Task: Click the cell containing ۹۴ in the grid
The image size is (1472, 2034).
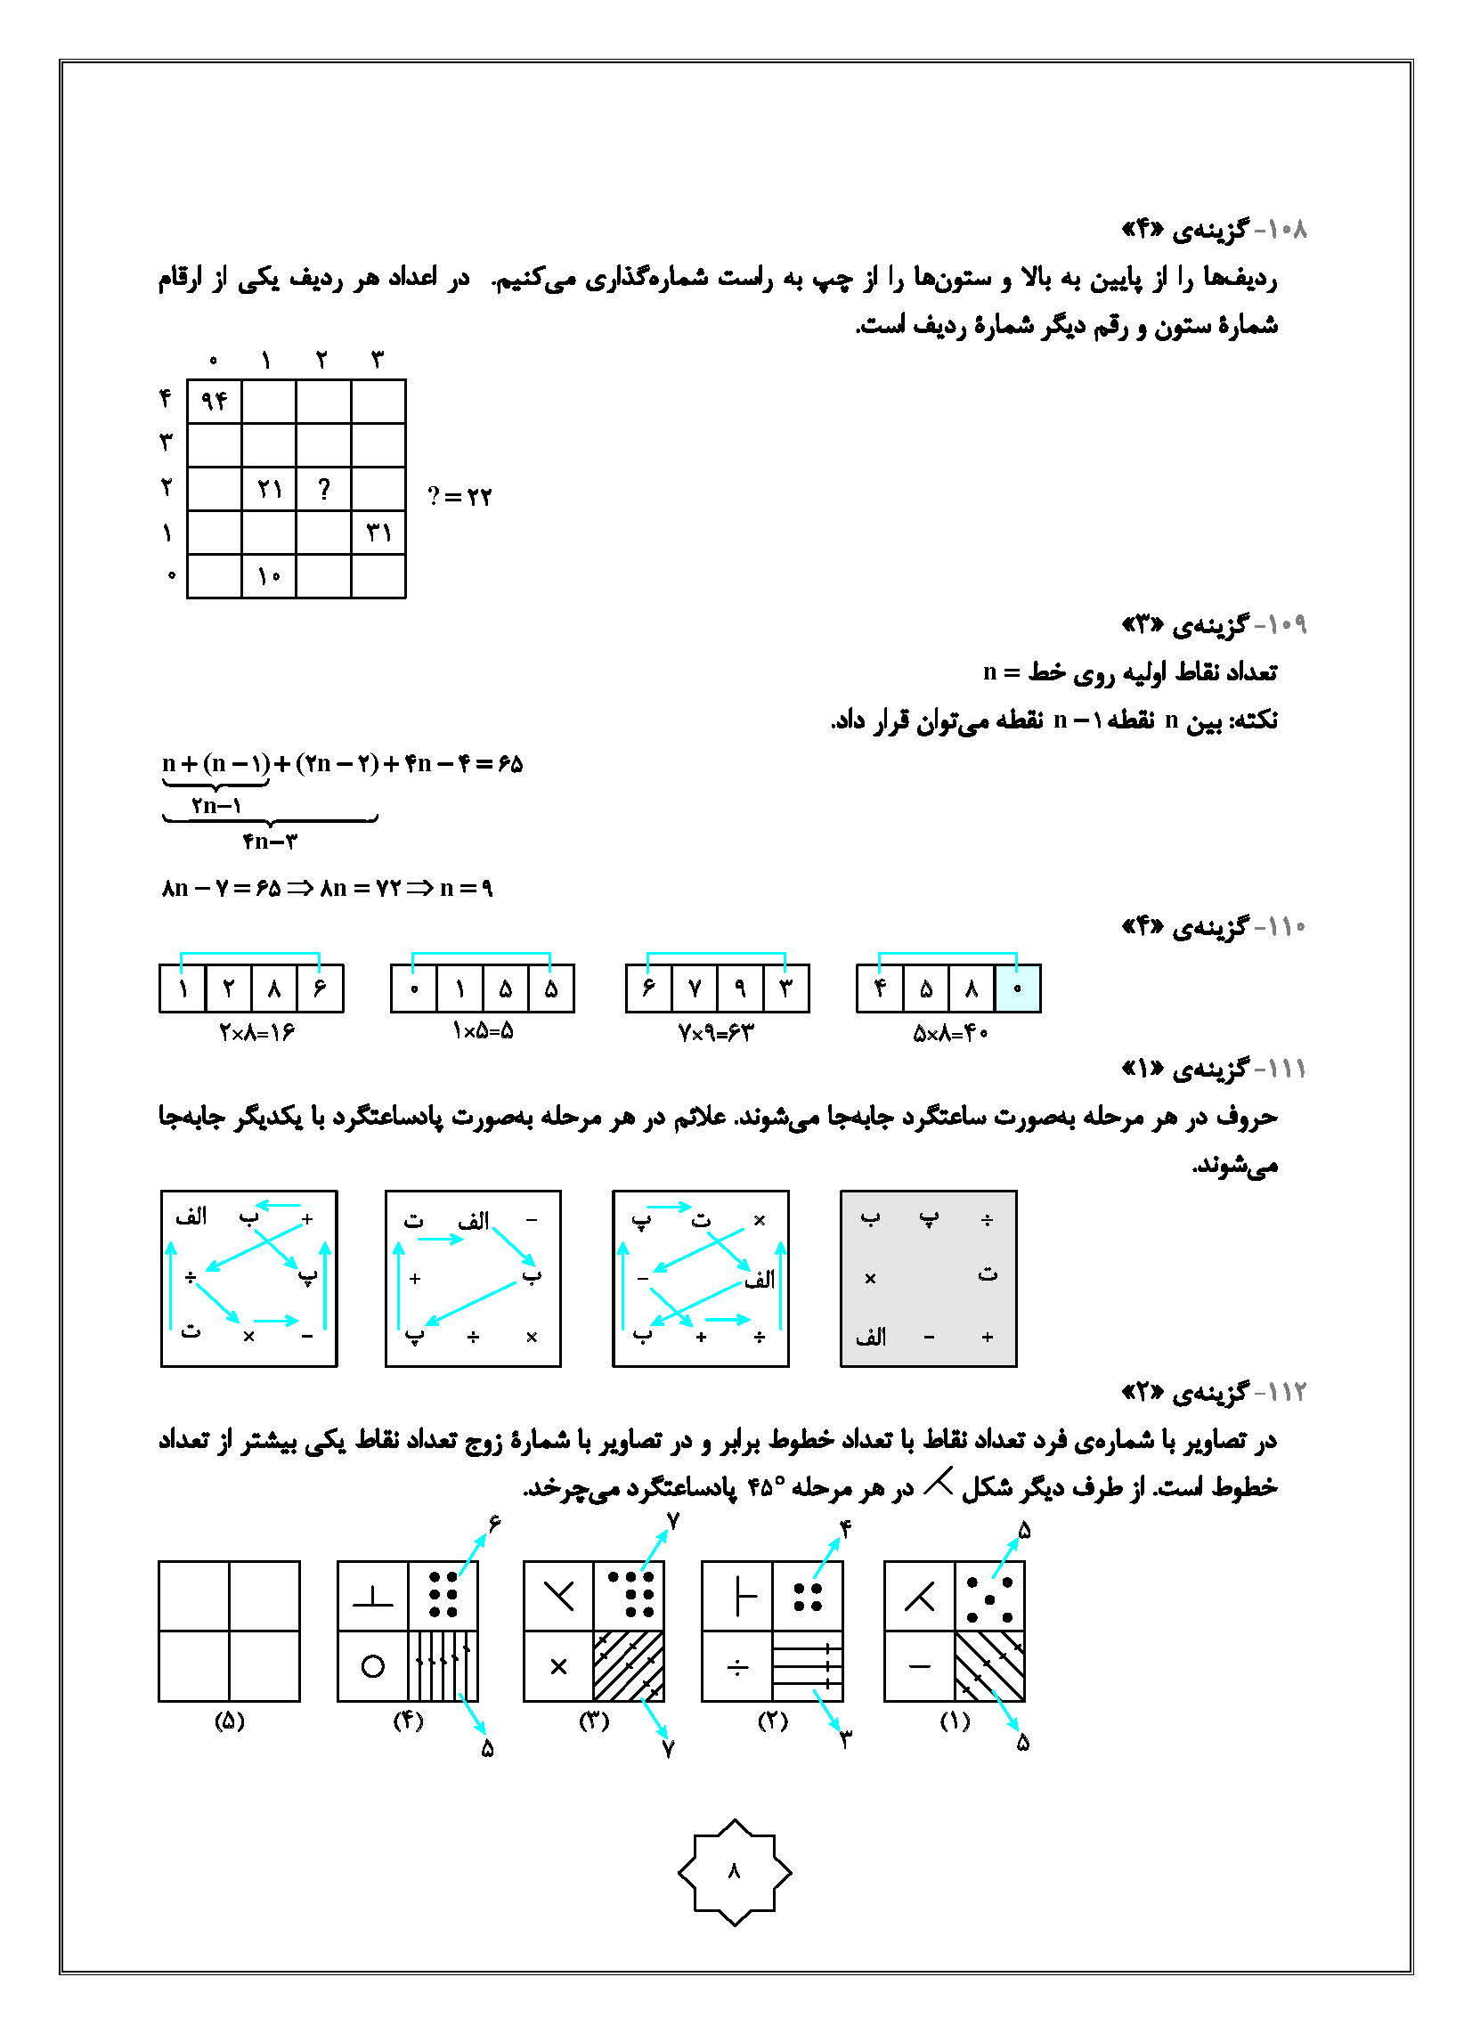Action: [x=214, y=400]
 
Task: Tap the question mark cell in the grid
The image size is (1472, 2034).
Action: [x=323, y=489]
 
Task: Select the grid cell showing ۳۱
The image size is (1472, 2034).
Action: [x=378, y=533]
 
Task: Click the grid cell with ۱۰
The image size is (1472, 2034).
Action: [x=268, y=577]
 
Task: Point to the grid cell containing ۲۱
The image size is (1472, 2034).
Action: [x=268, y=489]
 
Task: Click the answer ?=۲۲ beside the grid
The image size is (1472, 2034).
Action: [x=459, y=496]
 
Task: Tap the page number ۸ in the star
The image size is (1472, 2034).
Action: [x=735, y=1872]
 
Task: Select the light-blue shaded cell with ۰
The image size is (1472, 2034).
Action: [x=1017, y=989]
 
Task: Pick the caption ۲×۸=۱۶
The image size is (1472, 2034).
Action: [x=256, y=1033]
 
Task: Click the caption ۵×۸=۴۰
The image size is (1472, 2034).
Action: [x=950, y=1034]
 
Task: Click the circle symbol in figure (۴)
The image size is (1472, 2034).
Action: [x=372, y=1666]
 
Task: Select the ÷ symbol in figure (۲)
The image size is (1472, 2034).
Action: [x=737, y=1666]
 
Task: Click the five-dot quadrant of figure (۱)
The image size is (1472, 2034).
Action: [x=989, y=1597]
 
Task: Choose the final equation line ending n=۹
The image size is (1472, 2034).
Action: [x=328, y=888]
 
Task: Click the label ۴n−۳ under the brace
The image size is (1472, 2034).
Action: [x=269, y=842]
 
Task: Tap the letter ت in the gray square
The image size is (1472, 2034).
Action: [x=987, y=1273]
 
